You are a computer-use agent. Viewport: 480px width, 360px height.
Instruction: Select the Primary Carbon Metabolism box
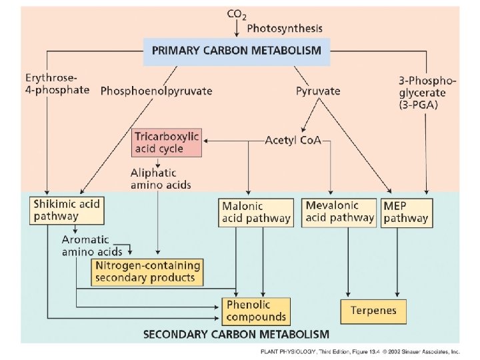pos(237,50)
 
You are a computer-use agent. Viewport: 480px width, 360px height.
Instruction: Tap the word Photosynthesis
pos(285,29)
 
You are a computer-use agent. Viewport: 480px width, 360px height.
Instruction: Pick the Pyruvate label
pos(318,91)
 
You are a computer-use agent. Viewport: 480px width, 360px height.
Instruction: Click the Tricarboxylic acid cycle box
pos(167,142)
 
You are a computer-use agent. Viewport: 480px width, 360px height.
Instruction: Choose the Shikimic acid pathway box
pos(67,211)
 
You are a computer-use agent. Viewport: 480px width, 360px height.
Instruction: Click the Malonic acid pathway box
pos(256,212)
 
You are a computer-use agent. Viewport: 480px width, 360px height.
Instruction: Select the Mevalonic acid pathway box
pos(339,211)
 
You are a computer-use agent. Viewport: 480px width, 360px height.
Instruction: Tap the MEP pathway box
pos(405,212)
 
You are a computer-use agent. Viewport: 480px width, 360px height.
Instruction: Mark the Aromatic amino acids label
pos(92,245)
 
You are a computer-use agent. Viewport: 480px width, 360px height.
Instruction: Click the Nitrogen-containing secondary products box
pos(147,271)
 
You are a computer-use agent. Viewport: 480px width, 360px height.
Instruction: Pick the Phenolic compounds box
pos(256,311)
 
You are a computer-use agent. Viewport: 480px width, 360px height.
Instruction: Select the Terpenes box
pos(373,311)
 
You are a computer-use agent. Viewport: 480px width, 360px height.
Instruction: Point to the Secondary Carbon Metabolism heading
pos(237,333)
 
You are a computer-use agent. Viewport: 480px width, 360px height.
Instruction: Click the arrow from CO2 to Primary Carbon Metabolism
pos(237,29)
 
